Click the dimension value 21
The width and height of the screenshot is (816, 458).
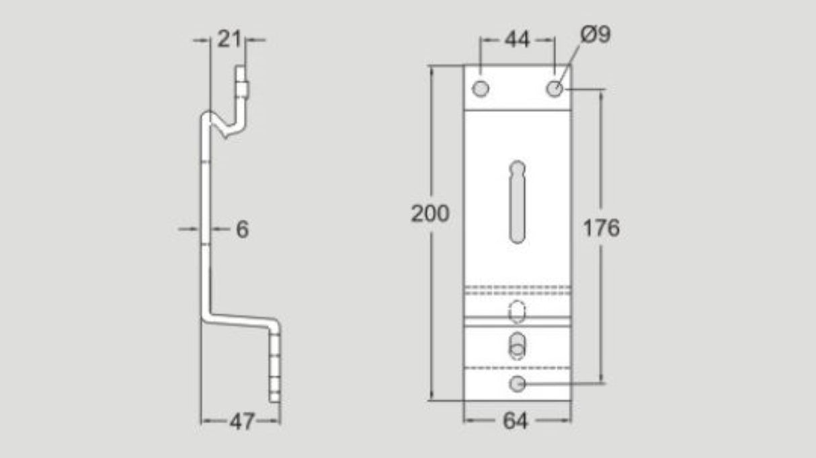pyautogui.click(x=229, y=40)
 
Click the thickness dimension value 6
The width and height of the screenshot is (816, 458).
pyautogui.click(x=242, y=229)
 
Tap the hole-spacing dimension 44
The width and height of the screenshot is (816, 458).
pyautogui.click(x=517, y=40)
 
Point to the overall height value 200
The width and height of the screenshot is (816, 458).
pyautogui.click(x=430, y=214)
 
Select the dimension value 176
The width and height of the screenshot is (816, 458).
pyautogui.click(x=600, y=229)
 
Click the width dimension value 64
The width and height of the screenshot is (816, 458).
pyautogui.click(x=516, y=422)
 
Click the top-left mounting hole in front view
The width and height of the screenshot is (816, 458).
pyautogui.click(x=481, y=88)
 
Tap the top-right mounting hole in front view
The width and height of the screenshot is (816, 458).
pyautogui.click(x=554, y=88)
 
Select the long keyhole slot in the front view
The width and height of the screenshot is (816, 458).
pyautogui.click(x=517, y=202)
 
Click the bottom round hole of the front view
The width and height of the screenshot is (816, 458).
pyautogui.click(x=517, y=383)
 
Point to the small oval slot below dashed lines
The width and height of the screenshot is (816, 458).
pyautogui.click(x=518, y=311)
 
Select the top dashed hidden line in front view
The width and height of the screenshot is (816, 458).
pyautogui.click(x=517, y=289)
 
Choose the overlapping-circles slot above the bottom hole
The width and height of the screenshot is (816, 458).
pyautogui.click(x=517, y=346)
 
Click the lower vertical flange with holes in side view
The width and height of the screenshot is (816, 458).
pyautogui.click(x=274, y=363)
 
